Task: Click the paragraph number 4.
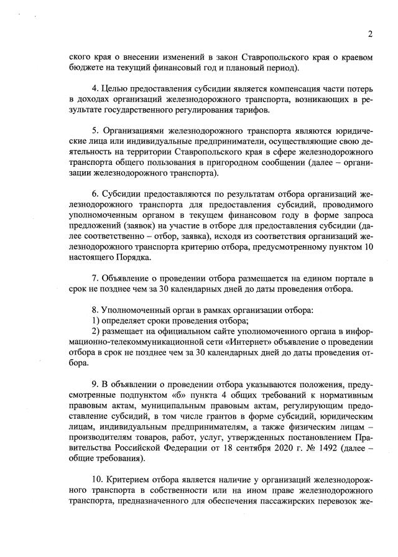[x=94, y=89]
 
